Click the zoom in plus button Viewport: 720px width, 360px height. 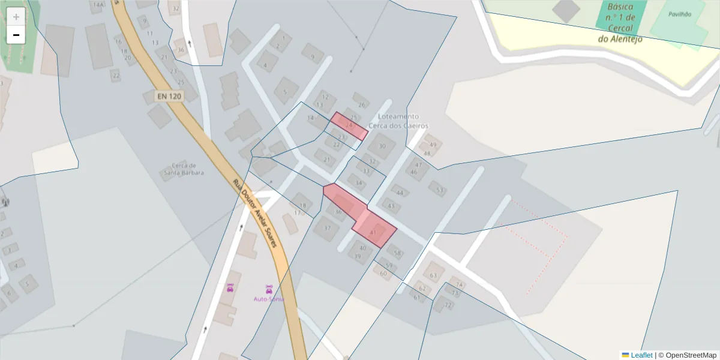pyautogui.click(x=16, y=17)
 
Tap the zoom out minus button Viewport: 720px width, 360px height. pyautogui.click(x=16, y=35)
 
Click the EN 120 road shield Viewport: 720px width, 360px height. pyautogui.click(x=169, y=96)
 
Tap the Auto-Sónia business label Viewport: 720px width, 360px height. pyautogui.click(x=268, y=298)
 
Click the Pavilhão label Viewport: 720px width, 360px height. pyautogui.click(x=679, y=14)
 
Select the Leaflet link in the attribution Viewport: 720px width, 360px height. pyautogui.click(x=641, y=355)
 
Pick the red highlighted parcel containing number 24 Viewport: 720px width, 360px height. pyautogui.click(x=349, y=125)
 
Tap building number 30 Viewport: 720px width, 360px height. pyautogui.click(x=381, y=146)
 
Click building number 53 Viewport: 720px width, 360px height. pyautogui.click(x=440, y=190)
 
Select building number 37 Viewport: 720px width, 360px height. pyautogui.click(x=327, y=228)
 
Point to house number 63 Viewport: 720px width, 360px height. pyautogui.click(x=433, y=275)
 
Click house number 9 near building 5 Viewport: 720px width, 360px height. pyautogui.click(x=312, y=58)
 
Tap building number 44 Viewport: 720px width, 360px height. pyautogui.click(x=400, y=193)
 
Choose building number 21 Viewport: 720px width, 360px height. pyautogui.click(x=327, y=160)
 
